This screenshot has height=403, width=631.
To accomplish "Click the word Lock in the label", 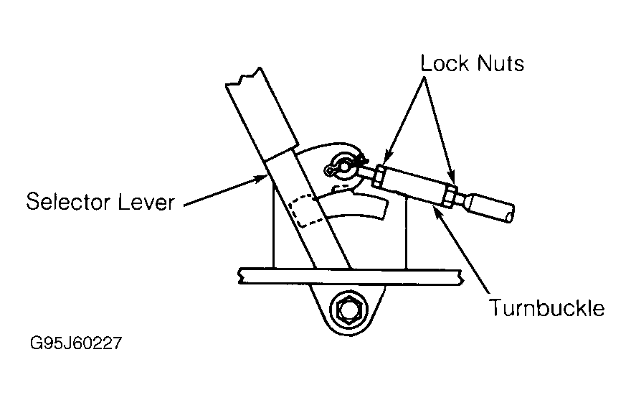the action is pyautogui.click(x=445, y=63).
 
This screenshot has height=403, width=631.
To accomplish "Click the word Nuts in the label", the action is pyautogui.click(x=500, y=64).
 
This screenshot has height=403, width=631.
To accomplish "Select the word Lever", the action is pyautogui.click(x=146, y=201).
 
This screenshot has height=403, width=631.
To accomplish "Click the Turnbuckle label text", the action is pyautogui.click(x=546, y=308).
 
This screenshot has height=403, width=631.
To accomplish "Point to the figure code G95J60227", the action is pyautogui.click(x=76, y=343).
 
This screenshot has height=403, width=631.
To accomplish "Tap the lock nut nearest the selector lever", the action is pyautogui.click(x=379, y=177).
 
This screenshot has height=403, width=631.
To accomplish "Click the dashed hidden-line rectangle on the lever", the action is pyautogui.click(x=307, y=210).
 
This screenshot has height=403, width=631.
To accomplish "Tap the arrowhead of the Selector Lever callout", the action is pyautogui.click(x=260, y=177).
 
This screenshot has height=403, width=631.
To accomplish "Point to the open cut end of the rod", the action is pyautogui.click(x=510, y=213).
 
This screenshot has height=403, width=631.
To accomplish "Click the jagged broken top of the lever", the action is pyautogui.click(x=244, y=77).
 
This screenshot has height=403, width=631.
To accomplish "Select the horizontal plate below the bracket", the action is pyautogui.click(x=349, y=277).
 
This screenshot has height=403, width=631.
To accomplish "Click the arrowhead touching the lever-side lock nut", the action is pyautogui.click(x=386, y=157).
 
